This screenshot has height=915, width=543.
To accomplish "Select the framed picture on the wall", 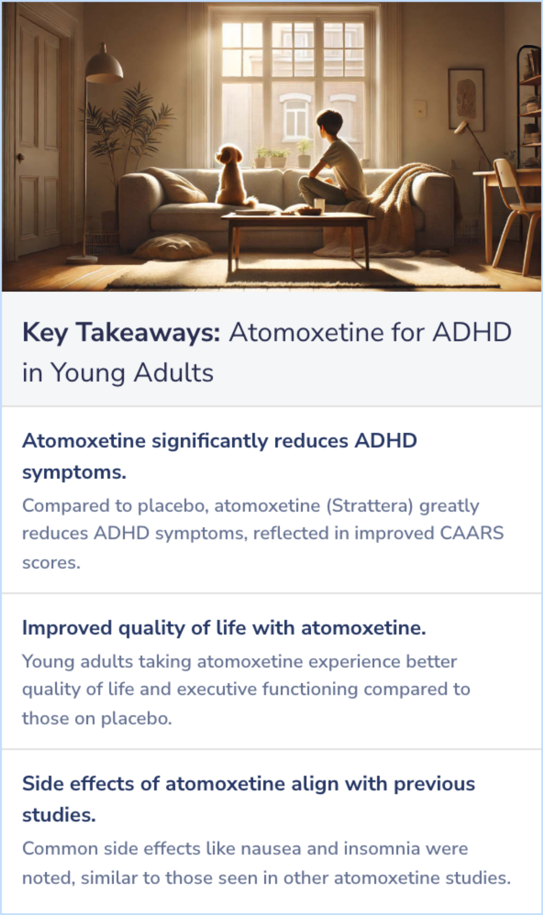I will pyautogui.click(x=466, y=99).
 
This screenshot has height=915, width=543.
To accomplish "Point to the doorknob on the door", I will pyautogui.click(x=21, y=158).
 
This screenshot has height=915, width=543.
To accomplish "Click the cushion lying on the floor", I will pyautogui.click(x=172, y=247).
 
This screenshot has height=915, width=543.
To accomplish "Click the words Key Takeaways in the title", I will pyautogui.click(x=121, y=333).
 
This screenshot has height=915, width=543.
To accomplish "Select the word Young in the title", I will pyautogui.click(x=88, y=373).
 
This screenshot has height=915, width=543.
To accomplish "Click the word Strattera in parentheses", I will pyautogui.click(x=370, y=505).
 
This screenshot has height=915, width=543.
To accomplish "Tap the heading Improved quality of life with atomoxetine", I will pyautogui.click(x=224, y=628).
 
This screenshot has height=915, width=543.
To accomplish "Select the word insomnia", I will pyautogui.click(x=386, y=849).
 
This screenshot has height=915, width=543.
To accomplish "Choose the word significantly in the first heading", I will pyautogui.click(x=210, y=441).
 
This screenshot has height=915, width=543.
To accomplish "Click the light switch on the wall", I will pyautogui.click(x=420, y=109).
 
